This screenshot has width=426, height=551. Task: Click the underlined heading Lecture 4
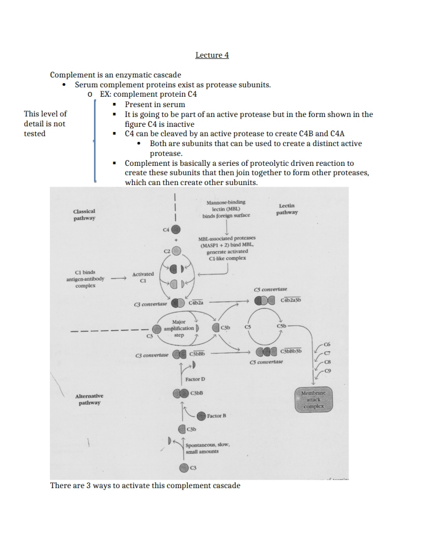tap(212, 55)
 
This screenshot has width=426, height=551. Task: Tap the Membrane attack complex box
tap(314, 400)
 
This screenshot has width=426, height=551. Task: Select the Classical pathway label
tap(84, 215)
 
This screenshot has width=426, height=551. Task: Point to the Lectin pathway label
tap(287, 209)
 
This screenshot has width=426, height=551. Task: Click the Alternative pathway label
tap(89, 399)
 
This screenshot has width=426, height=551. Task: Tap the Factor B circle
tap(201, 416)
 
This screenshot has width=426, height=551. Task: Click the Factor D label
tap(195, 379)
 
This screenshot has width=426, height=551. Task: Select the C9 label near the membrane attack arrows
tap(328, 371)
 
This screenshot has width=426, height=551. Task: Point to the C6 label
tap(327, 344)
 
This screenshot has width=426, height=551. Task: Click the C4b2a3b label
tap(291, 300)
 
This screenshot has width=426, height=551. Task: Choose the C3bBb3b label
tap(291, 351)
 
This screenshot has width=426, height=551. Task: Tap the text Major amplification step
tap(179, 329)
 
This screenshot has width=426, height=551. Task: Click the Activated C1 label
tap(143, 277)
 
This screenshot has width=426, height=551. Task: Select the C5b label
tap(281, 326)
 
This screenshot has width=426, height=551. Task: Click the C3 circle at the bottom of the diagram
tap(184, 468)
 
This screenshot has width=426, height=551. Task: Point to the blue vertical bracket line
tap(95, 141)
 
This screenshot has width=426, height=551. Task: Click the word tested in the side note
tap(35, 134)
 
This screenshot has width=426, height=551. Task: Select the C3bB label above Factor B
tap(197, 393)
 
